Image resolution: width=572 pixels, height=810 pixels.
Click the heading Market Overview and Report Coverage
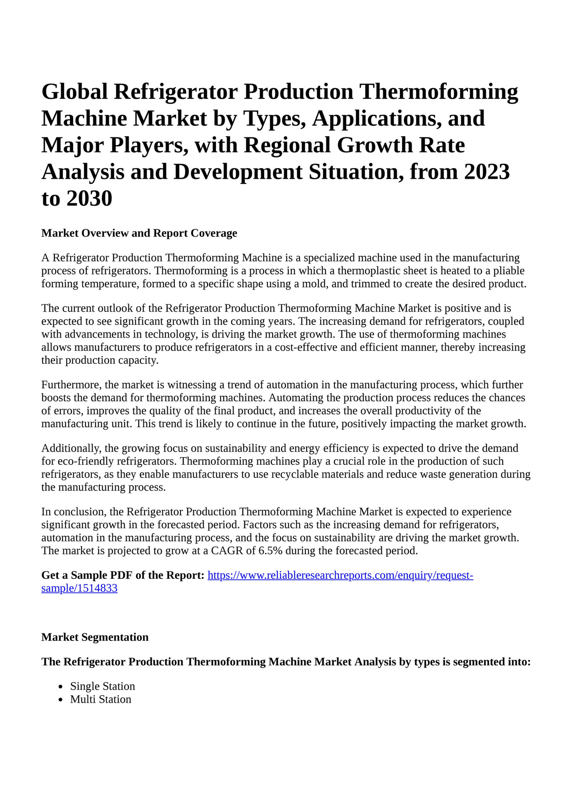pos(139,233)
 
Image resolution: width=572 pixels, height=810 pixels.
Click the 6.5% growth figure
pos(270,551)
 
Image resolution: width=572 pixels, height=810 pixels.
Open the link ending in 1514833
pos(79,589)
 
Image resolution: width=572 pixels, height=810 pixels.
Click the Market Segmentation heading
pos(95,637)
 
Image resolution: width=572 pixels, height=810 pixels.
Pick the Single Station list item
pos(102,686)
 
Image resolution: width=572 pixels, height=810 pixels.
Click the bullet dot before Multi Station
pos(61,700)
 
